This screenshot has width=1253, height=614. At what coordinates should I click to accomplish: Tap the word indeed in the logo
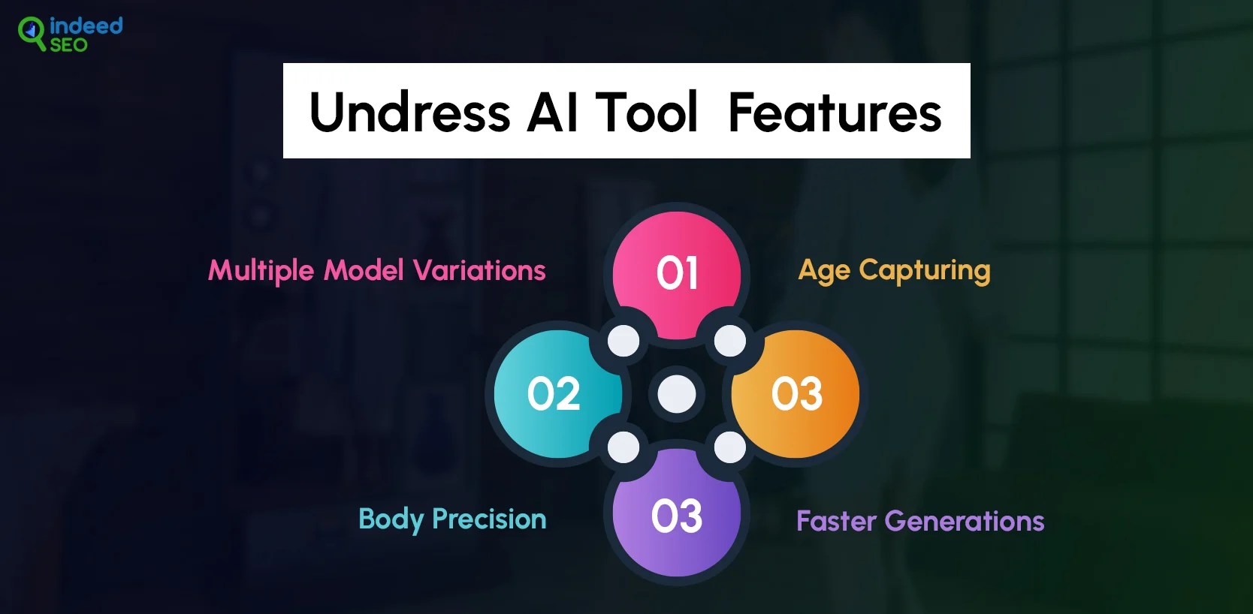coord(86,26)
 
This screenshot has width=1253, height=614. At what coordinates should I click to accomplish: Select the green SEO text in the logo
coord(69,45)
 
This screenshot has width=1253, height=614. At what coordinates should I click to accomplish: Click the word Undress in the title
coord(409,113)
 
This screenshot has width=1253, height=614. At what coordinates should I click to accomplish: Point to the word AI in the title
coord(551,113)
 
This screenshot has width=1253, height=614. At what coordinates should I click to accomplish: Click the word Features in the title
coord(835,113)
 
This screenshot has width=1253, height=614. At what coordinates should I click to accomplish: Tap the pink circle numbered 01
coord(677,275)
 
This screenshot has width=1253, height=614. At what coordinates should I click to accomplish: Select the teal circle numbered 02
coord(557,394)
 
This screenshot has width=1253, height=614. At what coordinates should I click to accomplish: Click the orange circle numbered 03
coord(796,394)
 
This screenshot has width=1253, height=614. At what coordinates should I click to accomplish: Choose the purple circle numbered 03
coord(677,513)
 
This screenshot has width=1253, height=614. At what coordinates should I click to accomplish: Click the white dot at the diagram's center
coord(677,394)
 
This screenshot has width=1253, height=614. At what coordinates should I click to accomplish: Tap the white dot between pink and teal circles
coord(623,341)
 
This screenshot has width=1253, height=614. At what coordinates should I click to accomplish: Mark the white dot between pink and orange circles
coord(730,341)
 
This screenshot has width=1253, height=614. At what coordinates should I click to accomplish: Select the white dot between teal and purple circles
coord(623,447)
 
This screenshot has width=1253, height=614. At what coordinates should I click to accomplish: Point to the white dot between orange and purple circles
coord(730,447)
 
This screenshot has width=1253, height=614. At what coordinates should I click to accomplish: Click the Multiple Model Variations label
coord(376,271)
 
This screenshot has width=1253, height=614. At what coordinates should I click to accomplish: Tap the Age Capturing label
coord(894,271)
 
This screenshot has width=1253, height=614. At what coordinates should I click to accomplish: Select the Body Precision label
coord(452,519)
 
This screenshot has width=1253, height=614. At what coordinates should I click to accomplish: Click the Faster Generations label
coord(920,521)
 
